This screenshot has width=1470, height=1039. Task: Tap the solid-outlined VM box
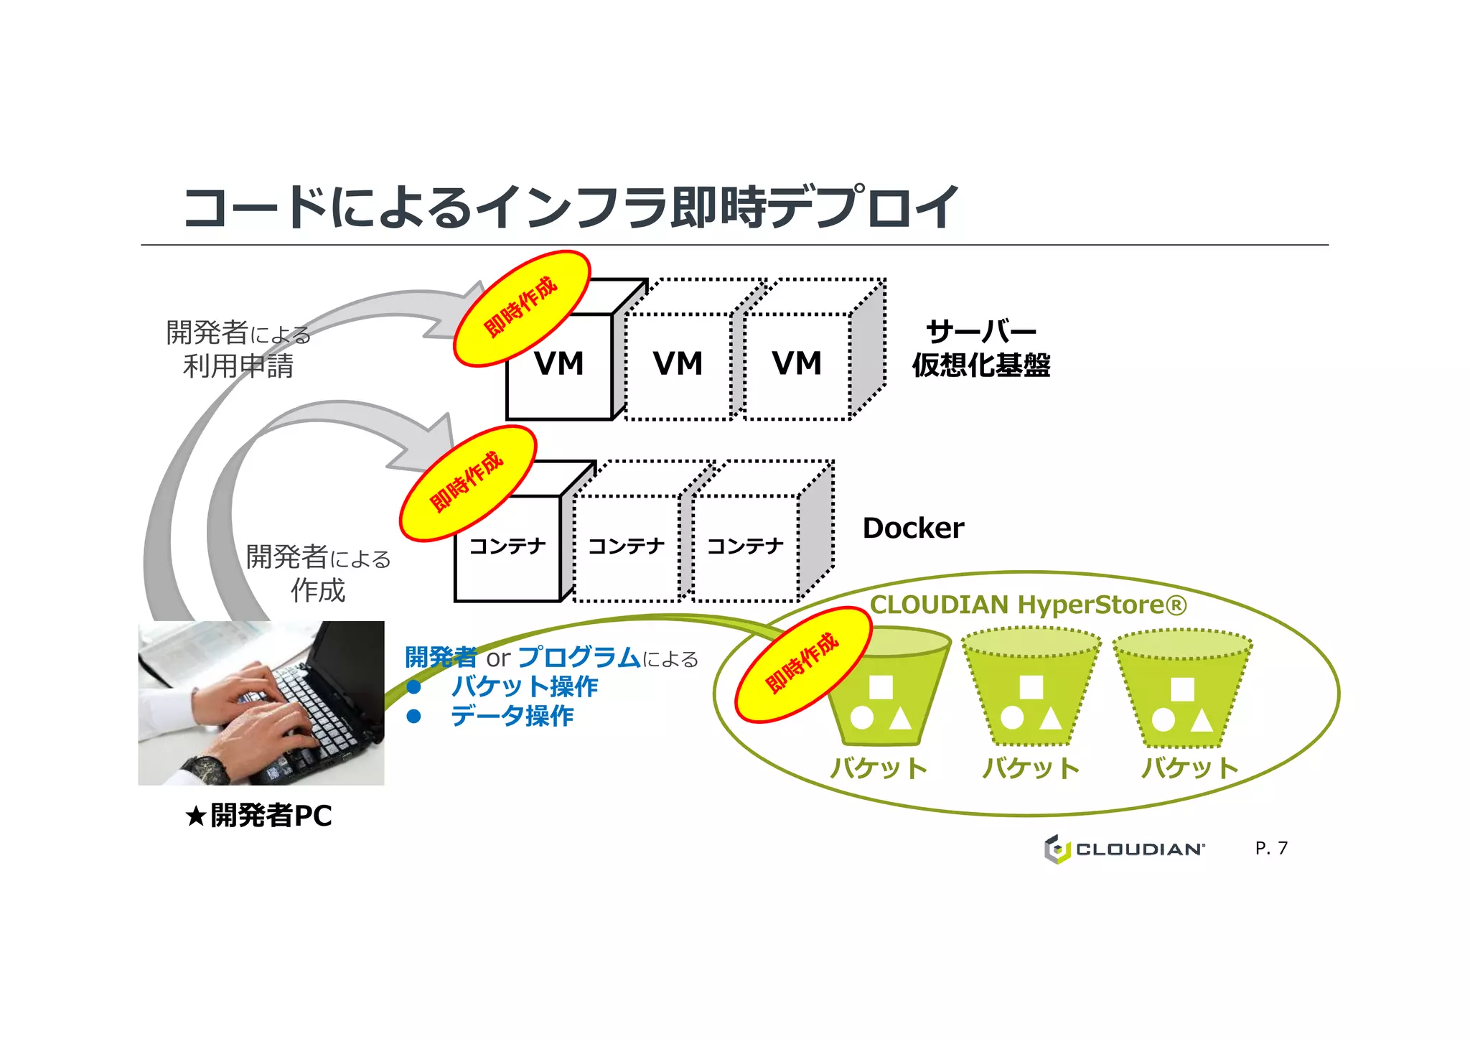559,373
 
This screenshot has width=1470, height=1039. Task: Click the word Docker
913,528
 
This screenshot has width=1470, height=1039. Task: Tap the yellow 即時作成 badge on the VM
522,307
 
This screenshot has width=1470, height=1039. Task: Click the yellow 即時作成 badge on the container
468,483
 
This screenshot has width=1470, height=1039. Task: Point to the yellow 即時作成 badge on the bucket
803,663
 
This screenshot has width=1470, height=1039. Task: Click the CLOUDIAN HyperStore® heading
1028,605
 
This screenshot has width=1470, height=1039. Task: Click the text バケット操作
524,686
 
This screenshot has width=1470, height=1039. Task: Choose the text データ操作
512,716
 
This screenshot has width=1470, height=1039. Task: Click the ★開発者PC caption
259,816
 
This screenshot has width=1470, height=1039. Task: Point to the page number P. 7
1271,848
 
